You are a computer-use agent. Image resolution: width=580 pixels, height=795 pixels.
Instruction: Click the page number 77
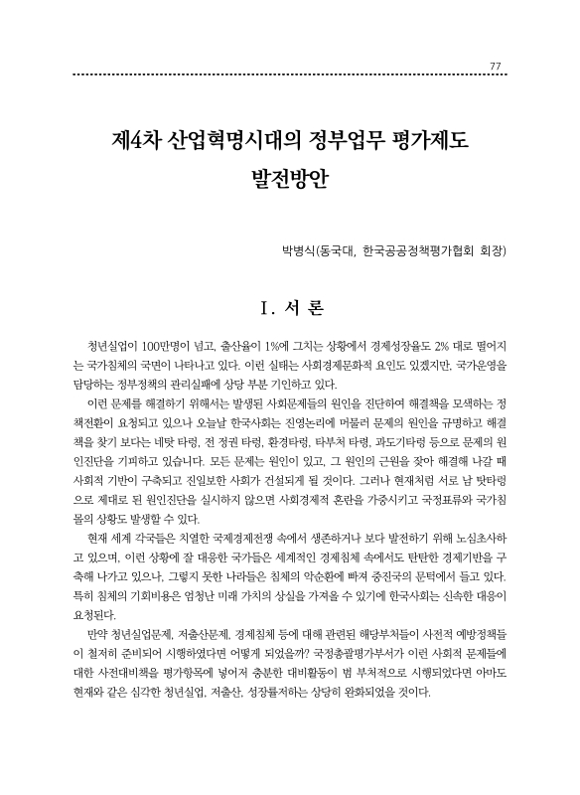[x=496, y=66]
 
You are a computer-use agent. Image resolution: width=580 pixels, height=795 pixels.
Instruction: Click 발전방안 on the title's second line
[x=290, y=182]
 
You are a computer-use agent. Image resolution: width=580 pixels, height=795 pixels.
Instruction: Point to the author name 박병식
[x=298, y=251]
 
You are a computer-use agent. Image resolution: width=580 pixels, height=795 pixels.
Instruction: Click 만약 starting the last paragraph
[x=98, y=630]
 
